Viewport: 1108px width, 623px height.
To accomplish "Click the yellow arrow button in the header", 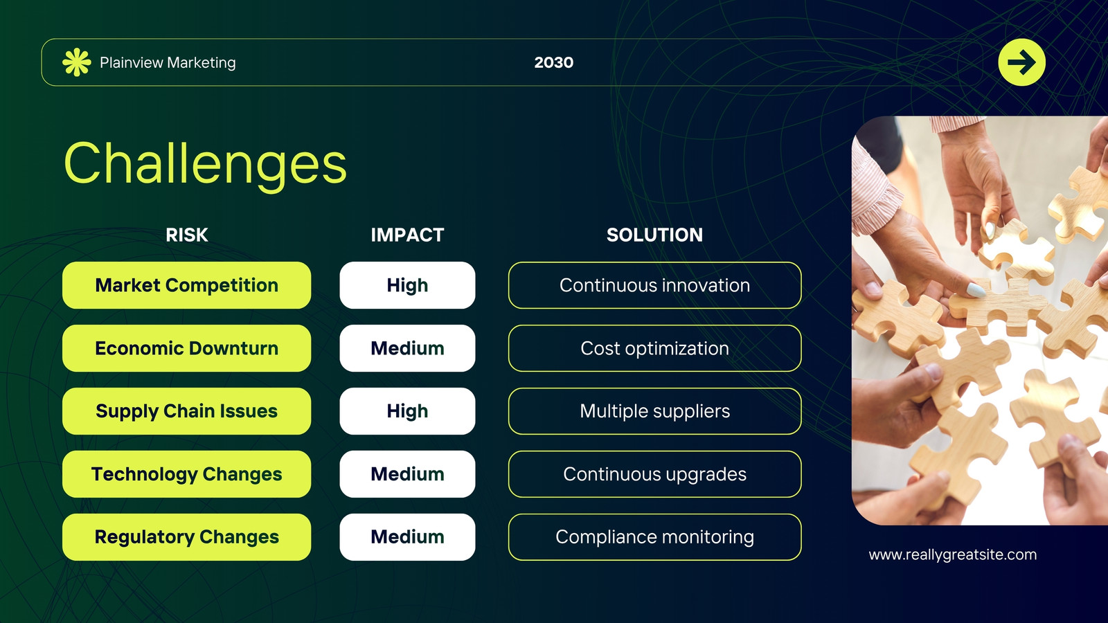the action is (1021, 62).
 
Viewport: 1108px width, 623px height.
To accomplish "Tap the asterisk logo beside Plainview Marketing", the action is (77, 62).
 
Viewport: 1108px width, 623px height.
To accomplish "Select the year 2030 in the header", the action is (553, 63).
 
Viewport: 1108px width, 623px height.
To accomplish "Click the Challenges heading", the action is (205, 164).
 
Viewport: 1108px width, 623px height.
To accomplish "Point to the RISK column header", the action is (186, 235).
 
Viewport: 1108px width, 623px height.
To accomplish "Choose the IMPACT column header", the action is (407, 235).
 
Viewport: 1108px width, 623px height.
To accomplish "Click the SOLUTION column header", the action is (654, 235).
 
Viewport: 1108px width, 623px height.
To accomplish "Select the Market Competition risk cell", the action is (186, 285).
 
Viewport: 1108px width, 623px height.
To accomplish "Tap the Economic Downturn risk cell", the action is (186, 348).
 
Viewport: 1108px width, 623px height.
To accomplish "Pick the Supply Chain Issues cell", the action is (186, 411).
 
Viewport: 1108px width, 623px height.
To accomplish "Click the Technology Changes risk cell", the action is (186, 473).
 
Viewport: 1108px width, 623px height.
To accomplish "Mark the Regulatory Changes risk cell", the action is (186, 537).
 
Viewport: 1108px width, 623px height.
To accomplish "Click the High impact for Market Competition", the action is (407, 285).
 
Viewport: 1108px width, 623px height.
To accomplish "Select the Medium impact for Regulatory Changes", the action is (407, 537).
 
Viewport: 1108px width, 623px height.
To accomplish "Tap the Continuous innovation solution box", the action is (654, 285).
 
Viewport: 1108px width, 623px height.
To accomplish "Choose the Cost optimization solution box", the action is (654, 348).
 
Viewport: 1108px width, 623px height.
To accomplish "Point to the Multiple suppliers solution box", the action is (654, 411).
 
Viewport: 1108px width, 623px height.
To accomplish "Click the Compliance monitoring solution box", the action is (654, 537).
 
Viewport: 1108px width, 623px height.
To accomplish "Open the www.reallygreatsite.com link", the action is (953, 554).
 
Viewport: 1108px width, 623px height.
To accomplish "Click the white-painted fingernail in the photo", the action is (976, 290).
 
